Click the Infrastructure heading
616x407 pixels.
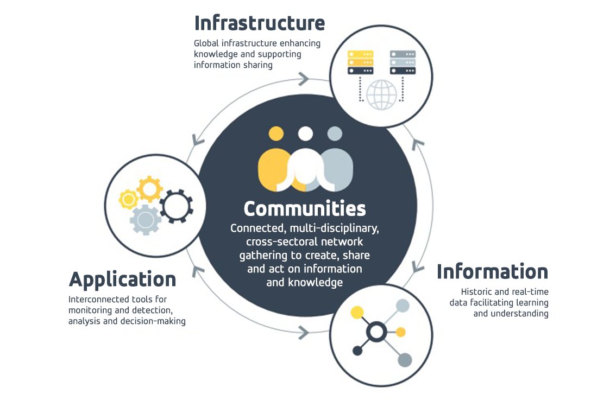[x=260, y=24]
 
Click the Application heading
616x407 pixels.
[x=123, y=280]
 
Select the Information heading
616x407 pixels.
[x=492, y=271]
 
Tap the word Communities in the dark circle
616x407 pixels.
[x=305, y=209]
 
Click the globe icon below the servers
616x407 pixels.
[x=382, y=95]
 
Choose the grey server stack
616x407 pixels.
[x=403, y=62]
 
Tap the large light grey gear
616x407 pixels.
[x=145, y=220]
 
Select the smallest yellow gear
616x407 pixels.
[x=128, y=200]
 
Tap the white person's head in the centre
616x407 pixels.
[x=305, y=133]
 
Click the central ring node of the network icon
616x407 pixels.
[x=375, y=331]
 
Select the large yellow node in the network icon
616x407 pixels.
[x=357, y=312]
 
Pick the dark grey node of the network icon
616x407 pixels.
[x=404, y=359]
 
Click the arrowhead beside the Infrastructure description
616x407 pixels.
[x=303, y=79]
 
